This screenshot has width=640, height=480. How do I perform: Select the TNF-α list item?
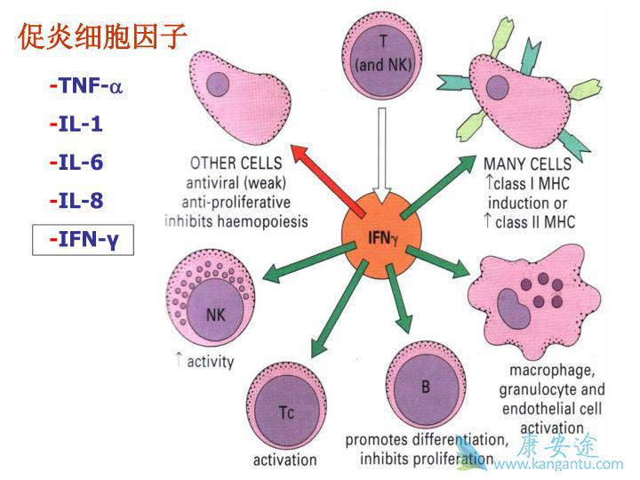point(86,86)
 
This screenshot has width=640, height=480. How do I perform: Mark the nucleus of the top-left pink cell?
point(218,84)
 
